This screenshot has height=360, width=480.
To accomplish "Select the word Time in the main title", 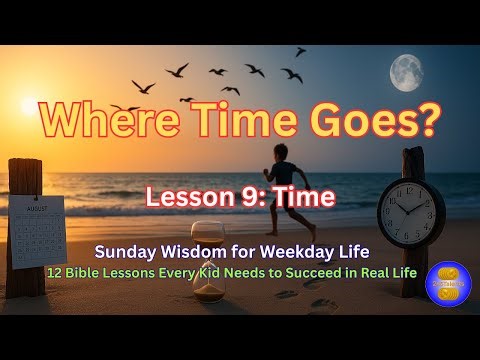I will click(x=241, y=123).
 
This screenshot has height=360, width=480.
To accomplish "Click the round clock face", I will click(x=411, y=210).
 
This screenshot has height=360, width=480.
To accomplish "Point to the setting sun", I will click(x=30, y=105).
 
